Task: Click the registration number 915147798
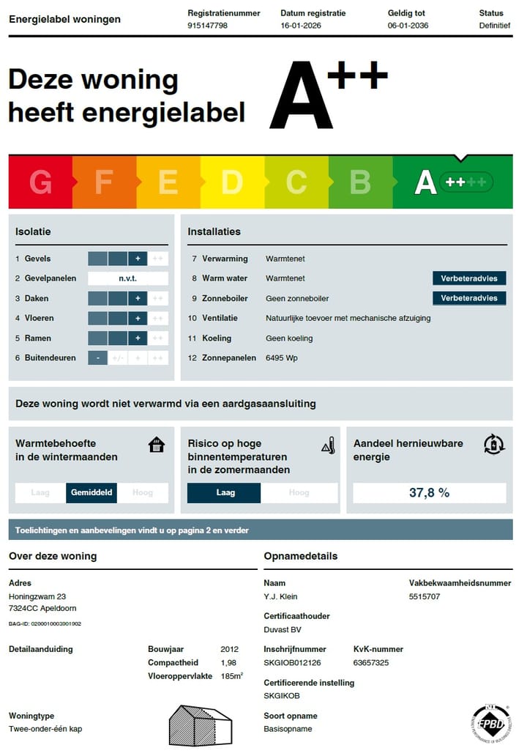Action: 208,26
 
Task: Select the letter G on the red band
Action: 40,182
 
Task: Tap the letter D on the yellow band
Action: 232,182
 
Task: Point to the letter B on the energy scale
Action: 360,182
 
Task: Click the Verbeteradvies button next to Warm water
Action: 469,278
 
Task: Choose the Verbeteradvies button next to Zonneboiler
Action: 469,298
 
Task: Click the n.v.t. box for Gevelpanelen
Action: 128,278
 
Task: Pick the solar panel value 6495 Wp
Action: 282,358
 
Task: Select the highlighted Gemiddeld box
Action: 92,493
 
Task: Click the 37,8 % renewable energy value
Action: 429,493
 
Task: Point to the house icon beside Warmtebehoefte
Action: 157,445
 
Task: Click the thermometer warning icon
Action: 328,445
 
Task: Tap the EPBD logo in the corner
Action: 490,722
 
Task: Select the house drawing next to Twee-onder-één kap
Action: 201,725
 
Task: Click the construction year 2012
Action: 229,649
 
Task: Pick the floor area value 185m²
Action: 232,675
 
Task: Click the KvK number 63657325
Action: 370,662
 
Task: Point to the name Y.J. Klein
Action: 280,596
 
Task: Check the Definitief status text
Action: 495,26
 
